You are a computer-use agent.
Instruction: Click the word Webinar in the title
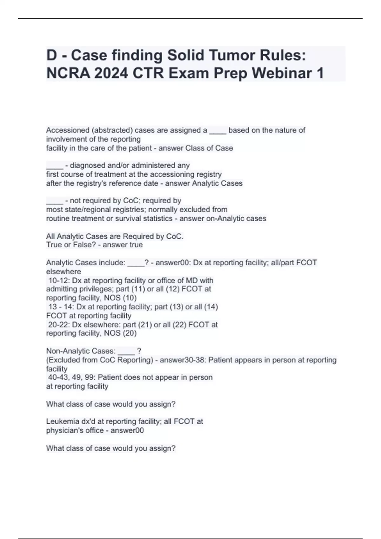[282, 73]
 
